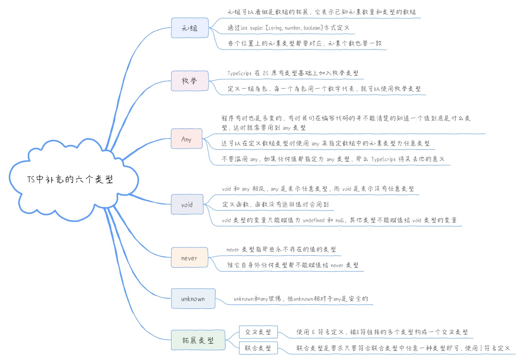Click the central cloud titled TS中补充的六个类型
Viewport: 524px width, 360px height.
70,179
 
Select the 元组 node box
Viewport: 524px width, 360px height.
190,28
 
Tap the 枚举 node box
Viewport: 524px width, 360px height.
190,81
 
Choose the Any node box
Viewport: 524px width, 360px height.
186,139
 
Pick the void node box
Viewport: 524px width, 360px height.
187,205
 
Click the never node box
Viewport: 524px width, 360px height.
189,258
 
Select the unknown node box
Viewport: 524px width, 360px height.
193,298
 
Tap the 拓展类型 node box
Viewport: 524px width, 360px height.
198,340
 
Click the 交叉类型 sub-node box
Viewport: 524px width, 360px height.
258,332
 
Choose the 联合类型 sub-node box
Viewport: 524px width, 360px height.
258,348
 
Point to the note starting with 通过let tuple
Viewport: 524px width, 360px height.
288,28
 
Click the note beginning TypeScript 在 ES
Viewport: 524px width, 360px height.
293,73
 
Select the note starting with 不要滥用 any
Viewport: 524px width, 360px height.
333,159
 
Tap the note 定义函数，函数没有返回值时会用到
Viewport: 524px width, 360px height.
275,205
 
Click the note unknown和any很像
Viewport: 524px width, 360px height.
301,299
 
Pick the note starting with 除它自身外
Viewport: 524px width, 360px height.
293,265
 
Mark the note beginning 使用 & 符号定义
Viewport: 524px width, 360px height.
382,332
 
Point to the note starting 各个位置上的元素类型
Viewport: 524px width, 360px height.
305,43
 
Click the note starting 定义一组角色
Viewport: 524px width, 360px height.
324,89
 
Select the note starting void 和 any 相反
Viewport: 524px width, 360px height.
318,189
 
